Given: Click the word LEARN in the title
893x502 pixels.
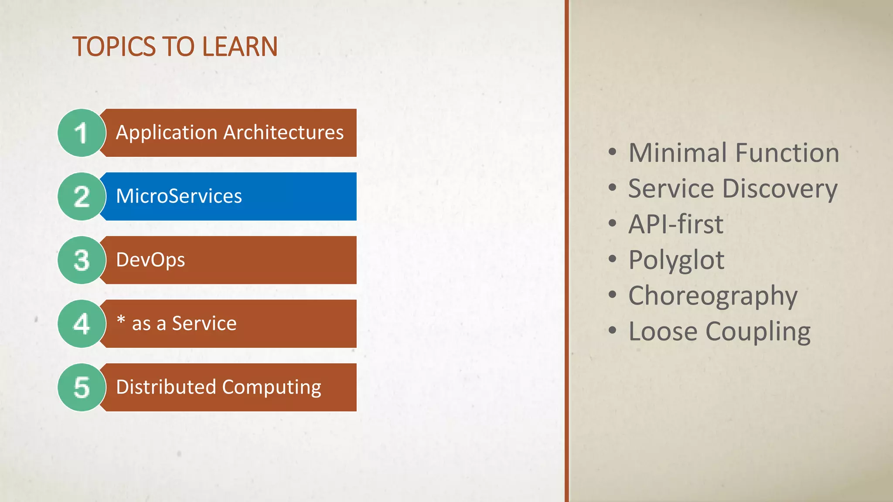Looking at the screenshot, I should pyautogui.click(x=240, y=47).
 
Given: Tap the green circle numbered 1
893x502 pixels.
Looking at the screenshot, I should pyautogui.click(x=81, y=133).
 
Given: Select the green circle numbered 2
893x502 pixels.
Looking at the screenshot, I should pyautogui.click(x=81, y=197).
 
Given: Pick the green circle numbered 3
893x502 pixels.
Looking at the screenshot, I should pyautogui.click(x=81, y=260).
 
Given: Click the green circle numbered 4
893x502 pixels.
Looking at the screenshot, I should pyautogui.click(x=81, y=324).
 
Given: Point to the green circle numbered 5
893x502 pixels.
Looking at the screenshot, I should pyautogui.click(x=81, y=387).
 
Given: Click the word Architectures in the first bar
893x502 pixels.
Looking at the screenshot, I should pyautogui.click(x=283, y=132).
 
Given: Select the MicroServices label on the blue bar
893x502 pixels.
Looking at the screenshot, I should pyautogui.click(x=179, y=196).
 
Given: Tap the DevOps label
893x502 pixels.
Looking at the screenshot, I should pyautogui.click(x=150, y=260).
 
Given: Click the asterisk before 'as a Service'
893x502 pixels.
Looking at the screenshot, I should pyautogui.click(x=121, y=320).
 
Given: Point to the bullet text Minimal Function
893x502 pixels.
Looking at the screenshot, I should pyautogui.click(x=733, y=153).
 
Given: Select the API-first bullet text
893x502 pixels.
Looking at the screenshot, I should pyautogui.click(x=676, y=224).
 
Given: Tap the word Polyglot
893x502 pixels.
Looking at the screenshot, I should pyautogui.click(x=676, y=261).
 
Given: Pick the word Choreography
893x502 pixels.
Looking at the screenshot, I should pyautogui.click(x=712, y=296).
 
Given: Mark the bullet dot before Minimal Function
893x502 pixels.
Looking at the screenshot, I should pyautogui.click(x=613, y=152).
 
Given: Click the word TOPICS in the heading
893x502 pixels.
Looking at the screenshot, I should pyautogui.click(x=114, y=47).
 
